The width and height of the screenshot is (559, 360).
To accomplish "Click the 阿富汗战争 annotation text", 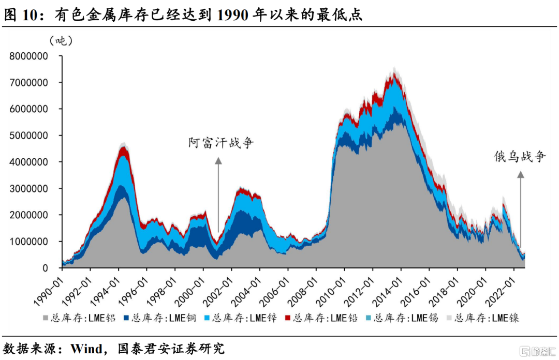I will coord(221,143).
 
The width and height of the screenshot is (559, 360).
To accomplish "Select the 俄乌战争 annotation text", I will coord(520,156).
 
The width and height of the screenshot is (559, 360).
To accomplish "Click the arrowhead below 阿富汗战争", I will coord(218,161).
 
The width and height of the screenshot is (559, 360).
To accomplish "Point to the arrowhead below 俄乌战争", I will coord(521,175).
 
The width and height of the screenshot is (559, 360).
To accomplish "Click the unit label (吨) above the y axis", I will coord(61,41).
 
